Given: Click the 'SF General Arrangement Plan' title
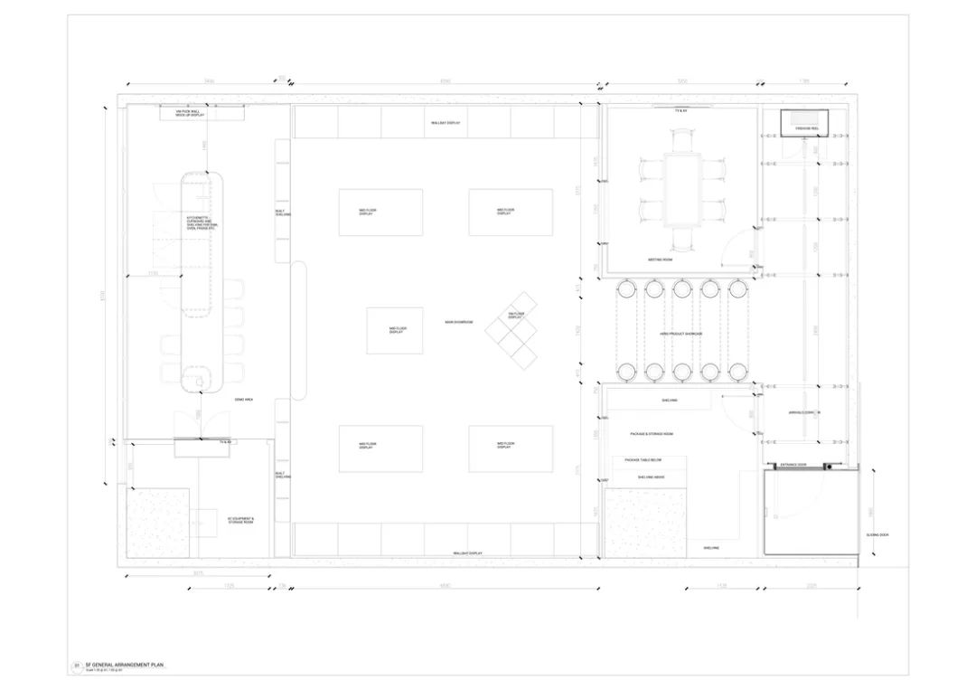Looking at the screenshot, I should pos(123,665).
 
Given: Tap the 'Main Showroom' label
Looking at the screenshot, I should pos(458,322).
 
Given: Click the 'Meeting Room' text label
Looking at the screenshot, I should pos(660,260).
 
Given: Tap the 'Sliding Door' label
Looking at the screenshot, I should pos(877,534).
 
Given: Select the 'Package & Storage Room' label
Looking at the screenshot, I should pos(652,434).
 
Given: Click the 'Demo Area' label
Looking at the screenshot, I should pos(243,399).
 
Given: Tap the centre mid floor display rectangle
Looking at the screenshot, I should pos(394,331).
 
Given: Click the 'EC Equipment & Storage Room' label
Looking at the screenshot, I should pos(240,521).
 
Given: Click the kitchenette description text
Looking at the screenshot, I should pos(202,223).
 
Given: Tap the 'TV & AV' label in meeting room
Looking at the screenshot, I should pos(681,109).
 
